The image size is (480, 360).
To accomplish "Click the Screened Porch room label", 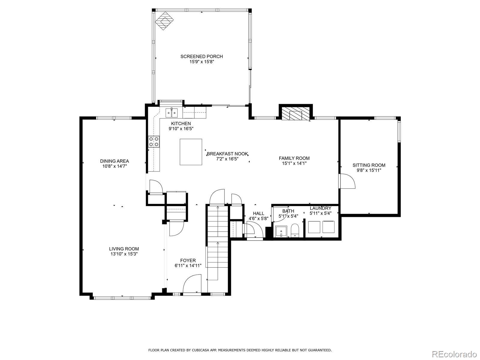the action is click(x=202, y=56).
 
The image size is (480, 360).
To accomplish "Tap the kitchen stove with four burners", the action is click(x=154, y=141).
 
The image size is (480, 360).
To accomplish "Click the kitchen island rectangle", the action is click(x=191, y=152).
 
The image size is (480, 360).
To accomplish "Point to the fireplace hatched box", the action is click(x=296, y=113).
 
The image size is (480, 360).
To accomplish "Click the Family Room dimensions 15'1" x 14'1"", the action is click(x=294, y=163).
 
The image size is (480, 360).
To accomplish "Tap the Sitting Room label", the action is click(x=369, y=165).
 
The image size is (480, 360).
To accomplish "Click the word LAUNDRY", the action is click(x=320, y=208).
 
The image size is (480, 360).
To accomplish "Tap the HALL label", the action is click(x=259, y=213).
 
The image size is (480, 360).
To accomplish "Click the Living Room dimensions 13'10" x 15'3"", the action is click(x=124, y=254).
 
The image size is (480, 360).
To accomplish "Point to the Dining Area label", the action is click(x=115, y=161).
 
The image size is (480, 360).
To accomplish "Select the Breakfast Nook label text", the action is click(x=227, y=154).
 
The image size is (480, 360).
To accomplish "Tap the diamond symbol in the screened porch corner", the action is click(x=164, y=21).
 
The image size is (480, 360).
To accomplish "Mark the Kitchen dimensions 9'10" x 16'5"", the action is click(x=181, y=129).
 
